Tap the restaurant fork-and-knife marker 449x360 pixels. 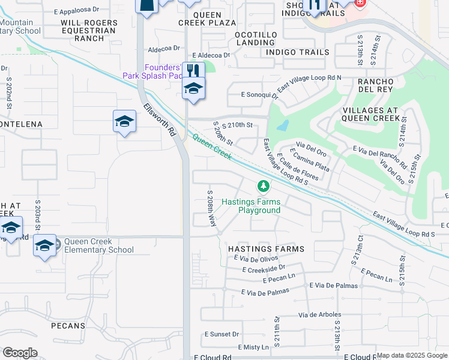click(193, 71)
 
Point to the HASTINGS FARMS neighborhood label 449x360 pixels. click(266, 248)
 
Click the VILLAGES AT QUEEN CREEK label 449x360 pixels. click(370, 114)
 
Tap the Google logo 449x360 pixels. click(20, 353)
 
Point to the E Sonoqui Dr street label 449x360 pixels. click(259, 94)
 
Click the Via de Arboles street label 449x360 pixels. click(315, 314)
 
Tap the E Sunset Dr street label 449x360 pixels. click(222, 334)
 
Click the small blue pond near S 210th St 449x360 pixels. click(282, 126)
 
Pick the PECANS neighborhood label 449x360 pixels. click(68, 326)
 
